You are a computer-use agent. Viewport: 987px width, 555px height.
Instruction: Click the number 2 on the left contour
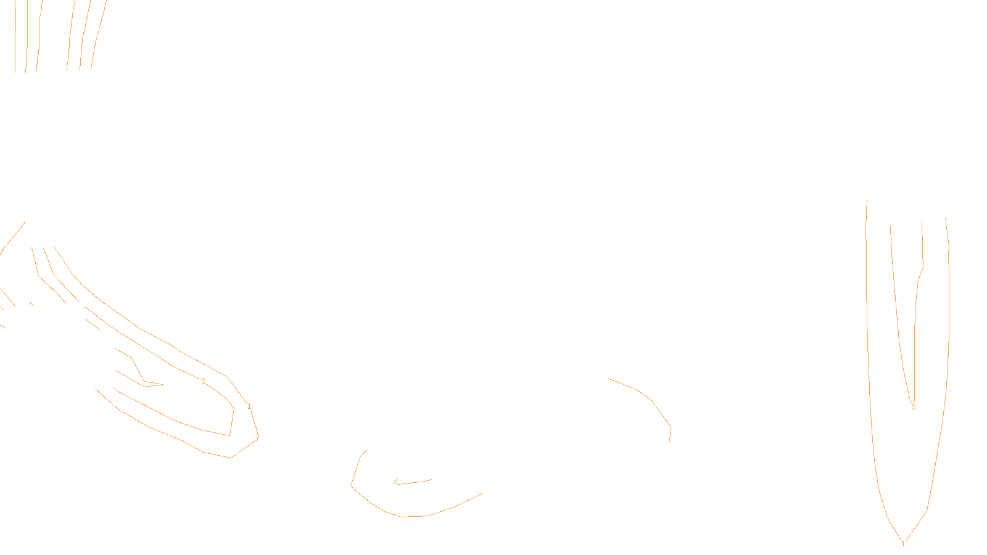(x=203, y=381)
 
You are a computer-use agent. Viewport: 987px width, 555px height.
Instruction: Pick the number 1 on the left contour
(x=249, y=406)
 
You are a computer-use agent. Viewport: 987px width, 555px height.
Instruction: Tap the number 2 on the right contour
(x=914, y=407)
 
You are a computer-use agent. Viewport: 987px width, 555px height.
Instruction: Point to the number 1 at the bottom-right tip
(x=903, y=544)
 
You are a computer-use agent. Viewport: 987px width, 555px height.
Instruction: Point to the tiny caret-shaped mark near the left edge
(x=31, y=303)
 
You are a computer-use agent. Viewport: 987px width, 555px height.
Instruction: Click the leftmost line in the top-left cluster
(x=15, y=37)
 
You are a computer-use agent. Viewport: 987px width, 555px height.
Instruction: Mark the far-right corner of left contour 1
(x=258, y=437)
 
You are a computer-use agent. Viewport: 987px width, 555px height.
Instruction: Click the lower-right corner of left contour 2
(x=229, y=435)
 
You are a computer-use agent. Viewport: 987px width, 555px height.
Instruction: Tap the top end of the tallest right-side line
(x=867, y=199)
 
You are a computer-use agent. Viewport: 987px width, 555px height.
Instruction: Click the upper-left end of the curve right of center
(x=608, y=378)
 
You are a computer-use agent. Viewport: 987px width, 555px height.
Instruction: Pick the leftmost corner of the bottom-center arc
(x=351, y=486)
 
